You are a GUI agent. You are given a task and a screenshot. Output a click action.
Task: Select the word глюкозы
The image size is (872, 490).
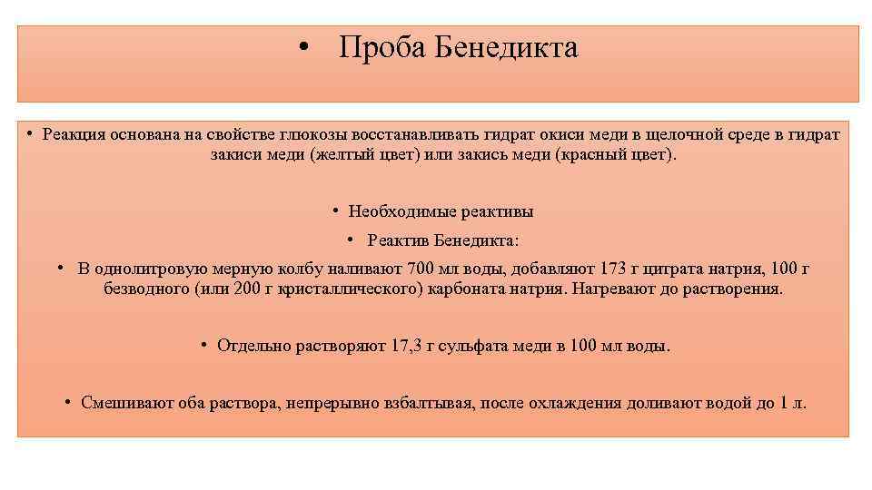point(337,134)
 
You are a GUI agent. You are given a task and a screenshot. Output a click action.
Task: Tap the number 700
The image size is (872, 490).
point(423,269)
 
